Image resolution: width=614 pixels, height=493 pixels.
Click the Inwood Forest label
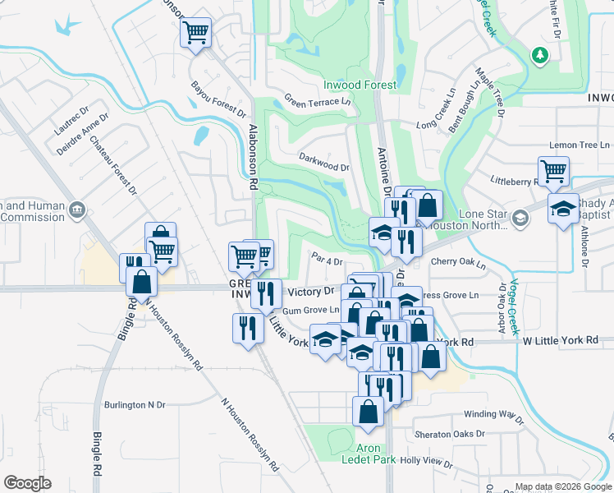coord(360,85)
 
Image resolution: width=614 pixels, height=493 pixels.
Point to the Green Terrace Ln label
coord(318,101)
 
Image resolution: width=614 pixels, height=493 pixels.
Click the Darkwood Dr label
coord(324,161)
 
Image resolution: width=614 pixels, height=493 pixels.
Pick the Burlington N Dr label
coord(135,405)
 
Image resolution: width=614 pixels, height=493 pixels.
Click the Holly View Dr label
coord(426,461)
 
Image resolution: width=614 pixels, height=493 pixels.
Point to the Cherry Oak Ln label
coord(458,265)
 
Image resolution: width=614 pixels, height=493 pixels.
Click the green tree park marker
coord(540,56)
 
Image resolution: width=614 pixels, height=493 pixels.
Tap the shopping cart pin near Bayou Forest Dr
coord(196,33)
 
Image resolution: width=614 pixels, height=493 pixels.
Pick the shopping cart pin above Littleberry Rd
coord(554,171)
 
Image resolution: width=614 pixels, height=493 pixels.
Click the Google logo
coord(28,482)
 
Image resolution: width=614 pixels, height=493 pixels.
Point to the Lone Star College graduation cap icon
coord(520,219)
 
